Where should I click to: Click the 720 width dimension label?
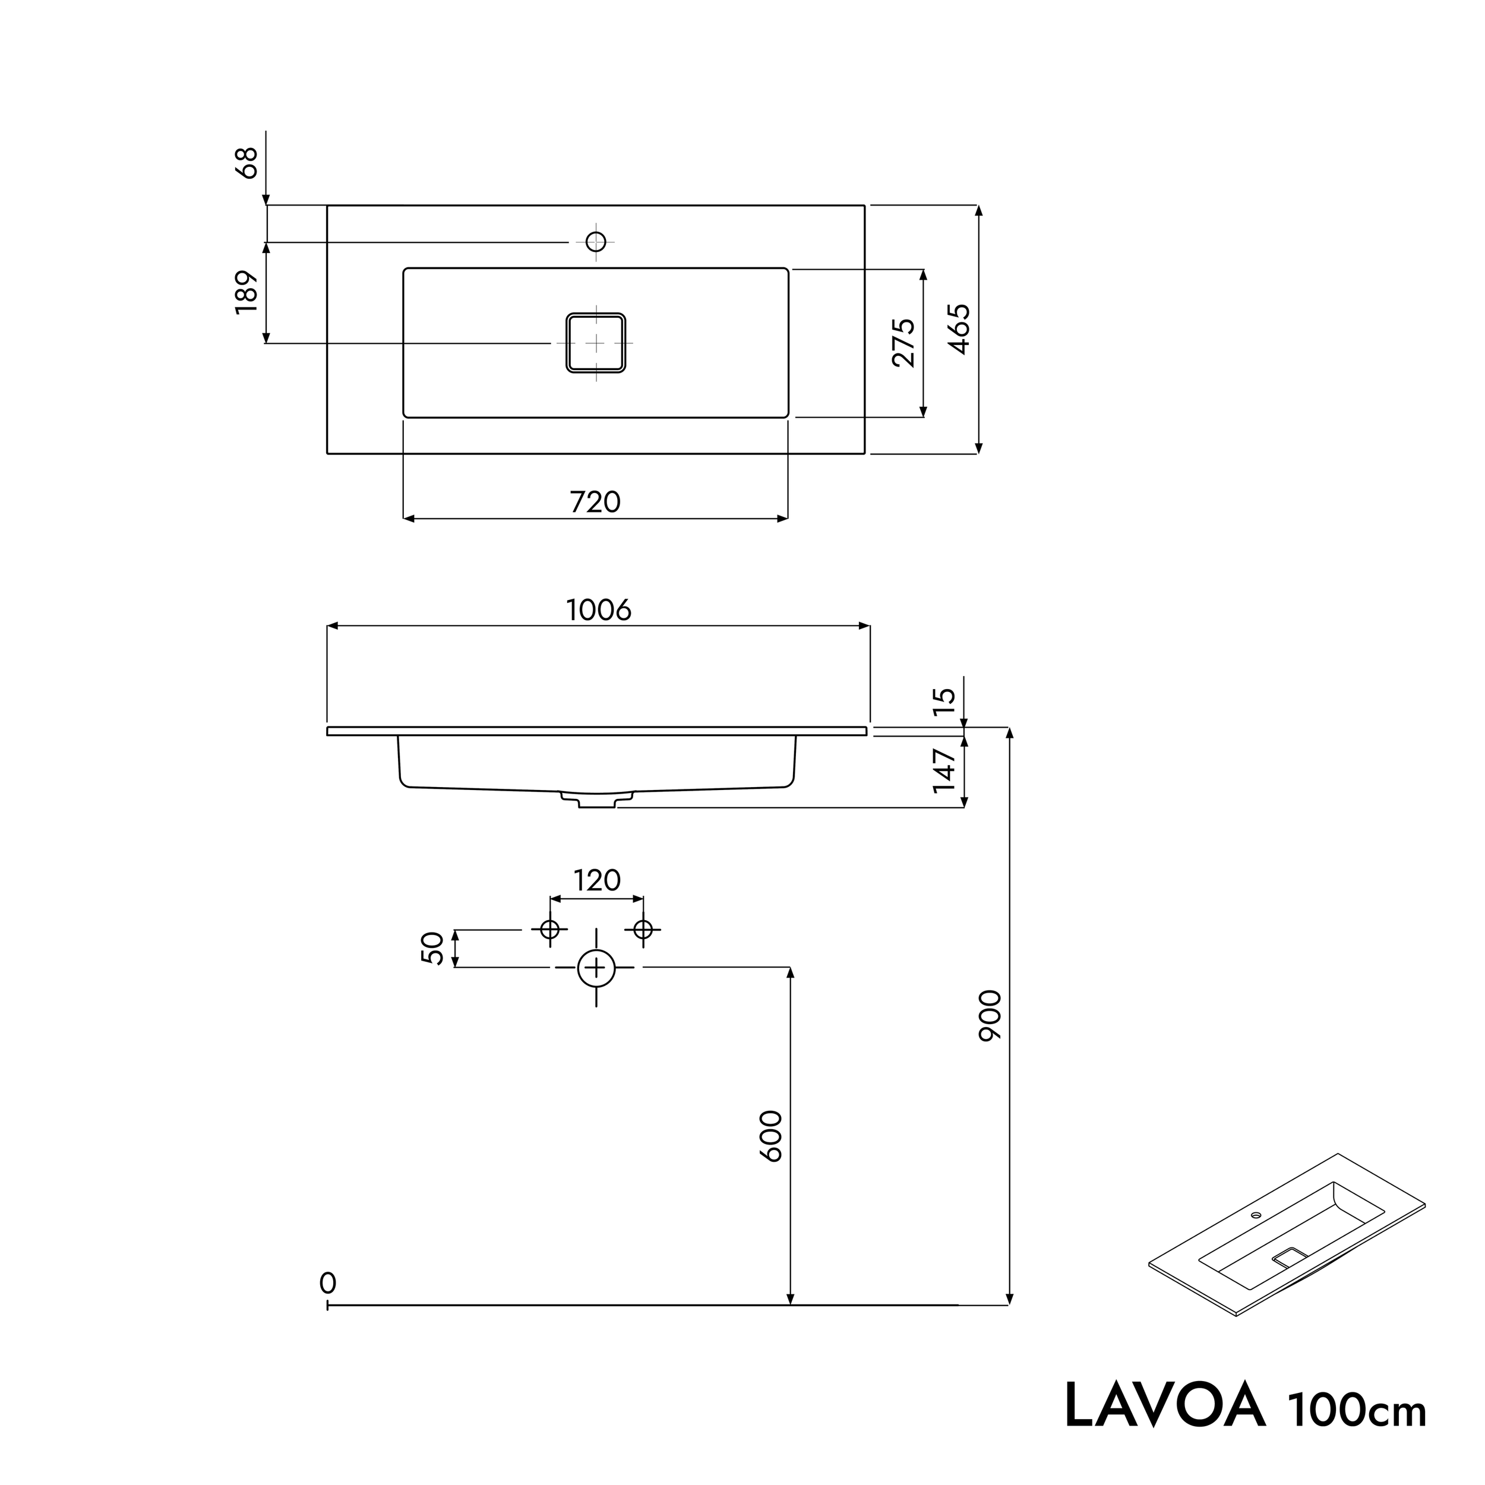point(595,502)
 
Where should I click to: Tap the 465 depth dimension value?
point(959,329)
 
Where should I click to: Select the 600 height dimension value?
point(771,1136)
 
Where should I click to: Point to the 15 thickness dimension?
point(944,701)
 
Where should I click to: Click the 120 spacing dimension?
point(596,880)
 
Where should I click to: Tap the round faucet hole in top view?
point(596,241)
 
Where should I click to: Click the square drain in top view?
point(596,343)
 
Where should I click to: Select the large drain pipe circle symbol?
point(596,968)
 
